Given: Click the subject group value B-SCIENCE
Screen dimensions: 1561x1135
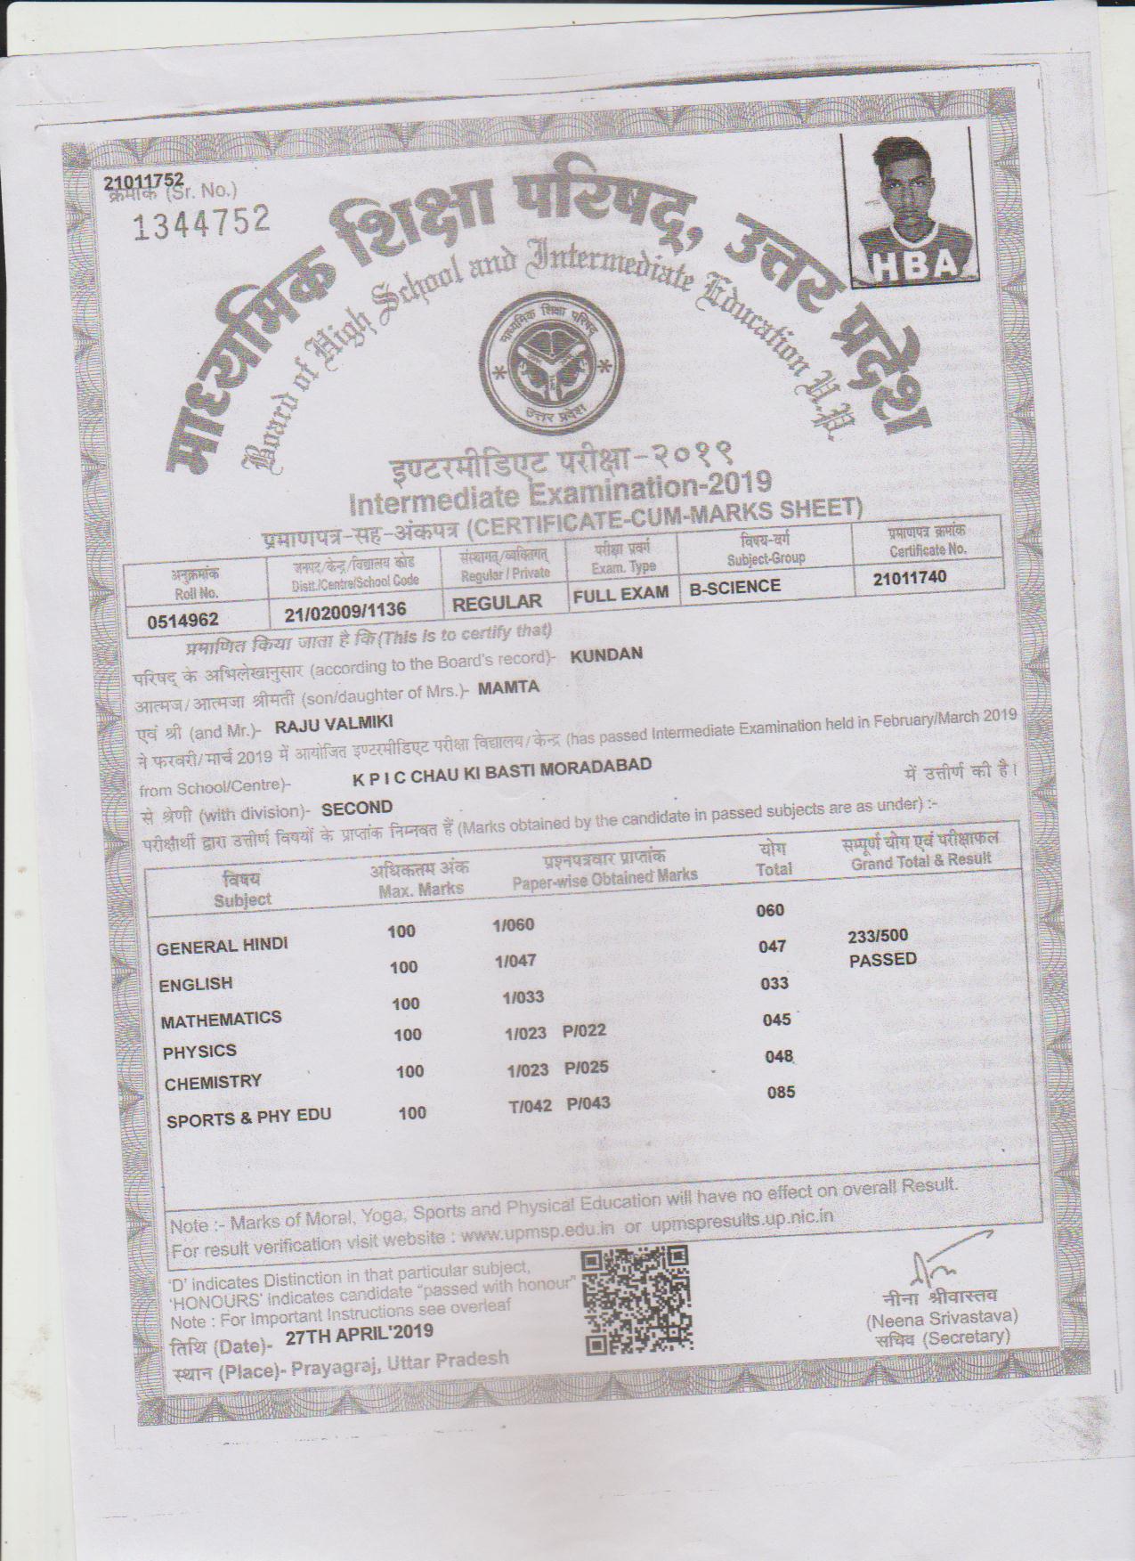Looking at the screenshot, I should pos(735,586).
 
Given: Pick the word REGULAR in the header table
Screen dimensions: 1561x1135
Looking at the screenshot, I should pos(497,603).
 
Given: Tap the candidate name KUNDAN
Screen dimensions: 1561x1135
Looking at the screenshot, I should pos(605,654).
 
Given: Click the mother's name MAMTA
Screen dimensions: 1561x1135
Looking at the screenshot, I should pos(508,687).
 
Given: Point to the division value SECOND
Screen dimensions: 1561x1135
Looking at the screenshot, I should pos(357,808).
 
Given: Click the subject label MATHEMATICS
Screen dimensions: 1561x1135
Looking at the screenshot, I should pos(221,1019).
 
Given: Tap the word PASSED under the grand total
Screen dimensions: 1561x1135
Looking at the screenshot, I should pos(882,960).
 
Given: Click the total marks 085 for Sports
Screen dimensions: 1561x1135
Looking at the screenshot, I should pos(781,1092).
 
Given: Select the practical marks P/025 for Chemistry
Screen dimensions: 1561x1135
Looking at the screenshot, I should pos(587,1068).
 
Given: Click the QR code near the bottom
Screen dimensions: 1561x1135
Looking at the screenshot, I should pos(637,1299).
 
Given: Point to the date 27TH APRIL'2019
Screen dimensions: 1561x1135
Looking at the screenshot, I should pos(360,1332).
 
